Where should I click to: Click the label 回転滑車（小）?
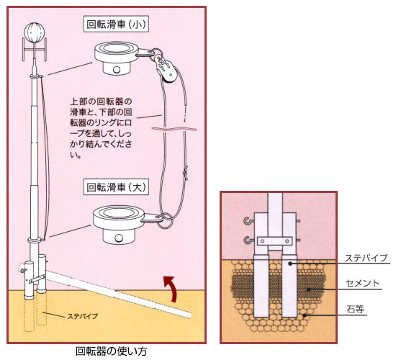116,24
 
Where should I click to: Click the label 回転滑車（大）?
116,187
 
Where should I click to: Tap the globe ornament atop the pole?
35,33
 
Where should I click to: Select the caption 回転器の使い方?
112,351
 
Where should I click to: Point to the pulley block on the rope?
166,68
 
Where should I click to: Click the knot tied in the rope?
186,174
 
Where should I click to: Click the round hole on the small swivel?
117,69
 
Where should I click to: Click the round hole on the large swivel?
119,238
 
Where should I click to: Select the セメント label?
362,283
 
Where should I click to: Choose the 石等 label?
356,310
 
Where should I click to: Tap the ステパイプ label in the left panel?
82,316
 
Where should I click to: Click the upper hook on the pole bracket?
248,221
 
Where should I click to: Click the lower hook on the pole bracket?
248,240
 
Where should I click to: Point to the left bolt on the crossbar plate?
263,241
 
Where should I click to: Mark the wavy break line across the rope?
174,129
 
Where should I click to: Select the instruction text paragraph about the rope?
101,128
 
